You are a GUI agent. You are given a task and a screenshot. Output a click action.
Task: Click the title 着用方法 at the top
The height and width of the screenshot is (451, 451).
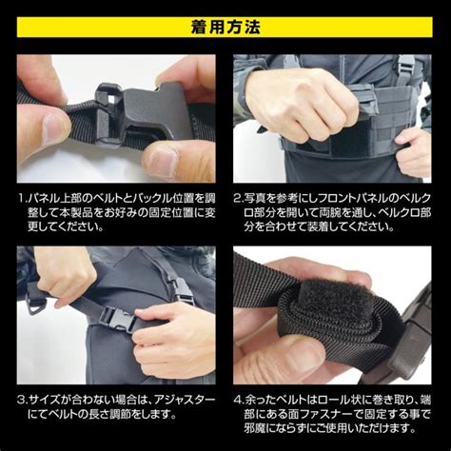[225, 20]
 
